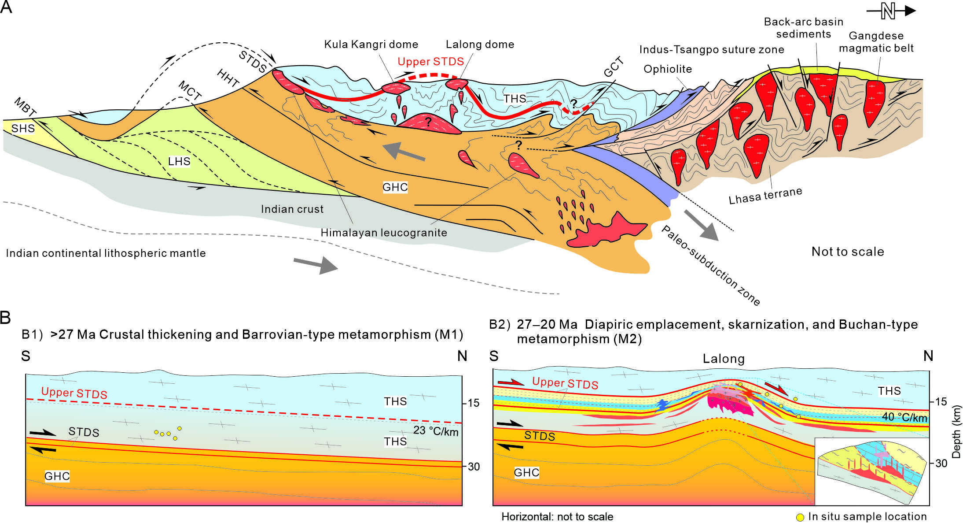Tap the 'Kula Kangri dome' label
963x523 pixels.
(371, 45)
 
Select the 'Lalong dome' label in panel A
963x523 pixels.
(480, 45)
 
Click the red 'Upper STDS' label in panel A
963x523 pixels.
(430, 62)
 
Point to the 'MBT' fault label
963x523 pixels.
(25, 107)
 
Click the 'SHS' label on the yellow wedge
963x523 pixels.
(23, 128)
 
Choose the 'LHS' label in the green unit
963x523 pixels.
(179, 161)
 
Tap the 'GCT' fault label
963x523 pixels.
(614, 67)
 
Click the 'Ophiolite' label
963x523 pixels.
(668, 69)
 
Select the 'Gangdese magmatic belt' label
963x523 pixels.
(876, 42)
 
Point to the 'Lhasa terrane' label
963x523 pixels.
(765, 196)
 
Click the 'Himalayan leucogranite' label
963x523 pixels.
(383, 233)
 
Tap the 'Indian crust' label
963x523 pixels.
(292, 209)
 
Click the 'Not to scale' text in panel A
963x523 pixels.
(848, 252)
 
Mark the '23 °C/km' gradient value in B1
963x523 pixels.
(436, 431)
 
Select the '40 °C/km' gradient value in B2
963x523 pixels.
(904, 417)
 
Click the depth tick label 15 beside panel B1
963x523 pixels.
(474, 403)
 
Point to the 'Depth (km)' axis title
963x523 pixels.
(956, 432)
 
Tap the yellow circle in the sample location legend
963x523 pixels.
(800, 517)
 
